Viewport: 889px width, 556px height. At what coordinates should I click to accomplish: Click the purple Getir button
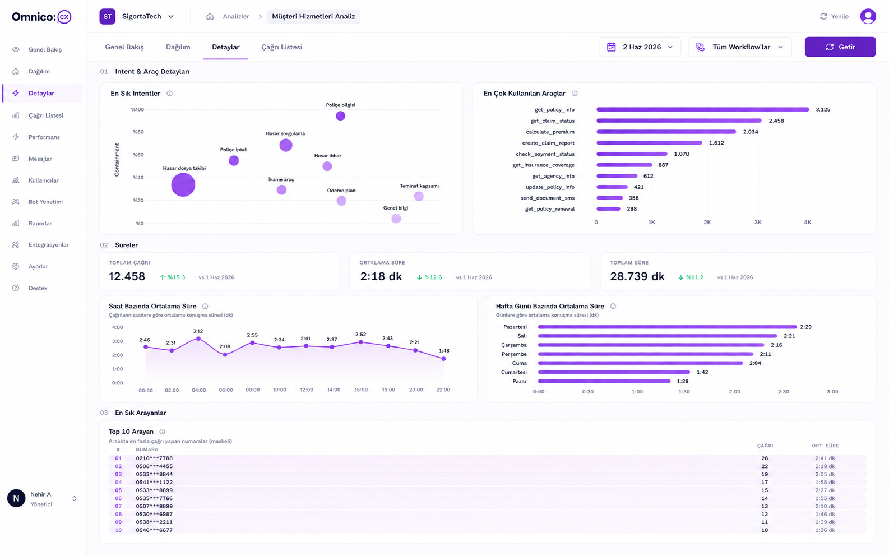(x=840, y=47)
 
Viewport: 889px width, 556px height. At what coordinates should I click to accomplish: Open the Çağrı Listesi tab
(x=281, y=47)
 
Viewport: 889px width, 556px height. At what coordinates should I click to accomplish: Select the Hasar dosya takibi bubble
(x=183, y=184)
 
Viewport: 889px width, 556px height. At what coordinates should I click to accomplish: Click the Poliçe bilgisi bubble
(x=340, y=116)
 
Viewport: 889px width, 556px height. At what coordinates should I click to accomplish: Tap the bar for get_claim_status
(x=679, y=121)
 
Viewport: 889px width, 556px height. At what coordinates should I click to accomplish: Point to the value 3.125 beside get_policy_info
(x=823, y=109)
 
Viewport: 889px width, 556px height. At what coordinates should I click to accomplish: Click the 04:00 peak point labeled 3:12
(x=198, y=339)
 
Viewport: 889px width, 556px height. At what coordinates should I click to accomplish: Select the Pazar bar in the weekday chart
(x=604, y=381)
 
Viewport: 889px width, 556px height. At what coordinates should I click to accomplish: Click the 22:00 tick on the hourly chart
(x=443, y=390)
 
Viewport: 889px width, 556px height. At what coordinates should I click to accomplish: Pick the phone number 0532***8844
(x=154, y=474)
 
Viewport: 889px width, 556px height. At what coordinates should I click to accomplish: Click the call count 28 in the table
(x=765, y=458)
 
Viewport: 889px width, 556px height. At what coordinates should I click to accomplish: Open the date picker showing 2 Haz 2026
(x=640, y=47)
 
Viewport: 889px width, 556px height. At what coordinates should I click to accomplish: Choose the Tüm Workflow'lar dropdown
(x=740, y=47)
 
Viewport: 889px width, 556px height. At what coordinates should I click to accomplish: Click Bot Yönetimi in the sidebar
(x=45, y=202)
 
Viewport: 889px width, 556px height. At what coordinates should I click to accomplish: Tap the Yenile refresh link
(x=834, y=16)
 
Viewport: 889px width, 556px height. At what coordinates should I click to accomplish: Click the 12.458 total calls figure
(x=127, y=276)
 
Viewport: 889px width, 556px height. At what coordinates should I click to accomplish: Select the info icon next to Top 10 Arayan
(x=163, y=432)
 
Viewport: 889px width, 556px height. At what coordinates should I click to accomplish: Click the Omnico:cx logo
(x=41, y=17)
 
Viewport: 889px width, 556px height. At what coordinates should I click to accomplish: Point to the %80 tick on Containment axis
(x=138, y=132)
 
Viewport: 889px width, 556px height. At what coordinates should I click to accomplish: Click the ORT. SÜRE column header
(x=825, y=446)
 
